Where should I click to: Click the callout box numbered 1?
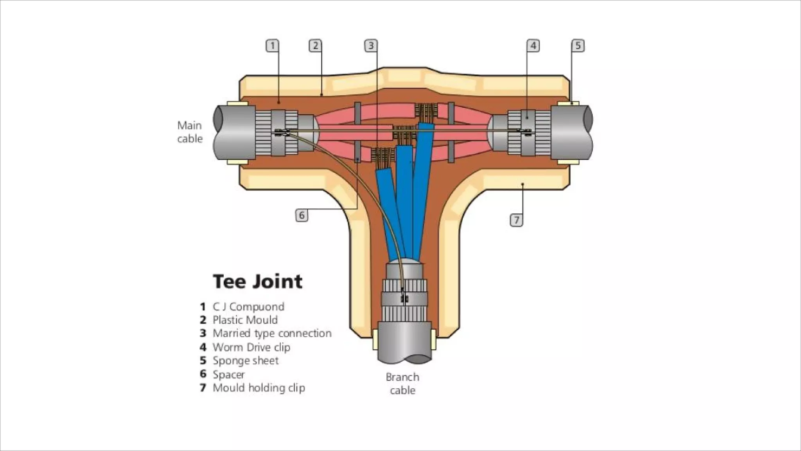click(x=273, y=46)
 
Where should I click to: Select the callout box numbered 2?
click(x=315, y=46)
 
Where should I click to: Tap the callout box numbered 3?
click(x=371, y=46)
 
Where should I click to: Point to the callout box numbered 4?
click(x=533, y=46)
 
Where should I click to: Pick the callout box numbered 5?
click(x=578, y=46)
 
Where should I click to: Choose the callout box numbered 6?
click(x=302, y=215)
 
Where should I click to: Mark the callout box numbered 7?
click(x=516, y=220)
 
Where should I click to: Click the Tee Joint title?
click(x=258, y=281)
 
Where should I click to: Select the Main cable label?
click(x=190, y=132)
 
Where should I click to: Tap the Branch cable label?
click(x=402, y=384)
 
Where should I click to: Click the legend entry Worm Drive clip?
click(x=251, y=347)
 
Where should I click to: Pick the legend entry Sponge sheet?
click(x=245, y=361)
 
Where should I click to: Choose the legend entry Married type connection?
click(x=272, y=334)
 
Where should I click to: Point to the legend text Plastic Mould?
click(x=245, y=320)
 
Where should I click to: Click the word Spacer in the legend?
click(x=228, y=375)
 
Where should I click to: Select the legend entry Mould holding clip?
click(x=259, y=388)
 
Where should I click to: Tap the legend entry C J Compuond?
click(x=248, y=307)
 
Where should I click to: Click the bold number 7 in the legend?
click(x=203, y=388)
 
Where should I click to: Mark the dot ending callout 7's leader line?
click(x=523, y=184)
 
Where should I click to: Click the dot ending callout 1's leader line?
click(x=278, y=102)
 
